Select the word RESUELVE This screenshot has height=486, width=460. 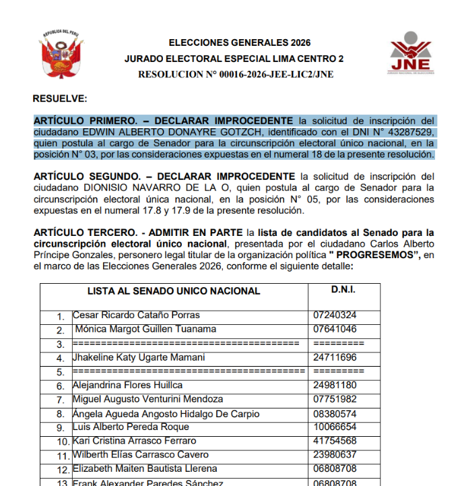pos(60,98)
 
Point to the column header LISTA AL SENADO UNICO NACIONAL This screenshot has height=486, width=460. pos(173,291)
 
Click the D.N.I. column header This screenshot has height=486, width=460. pos(343,290)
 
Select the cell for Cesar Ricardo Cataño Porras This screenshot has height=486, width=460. pos(136,315)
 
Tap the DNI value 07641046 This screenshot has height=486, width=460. pos(335,329)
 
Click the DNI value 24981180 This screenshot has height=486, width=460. pos(335,386)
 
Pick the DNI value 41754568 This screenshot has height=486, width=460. pos(335,441)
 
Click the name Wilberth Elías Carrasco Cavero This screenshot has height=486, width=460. pos(141,454)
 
